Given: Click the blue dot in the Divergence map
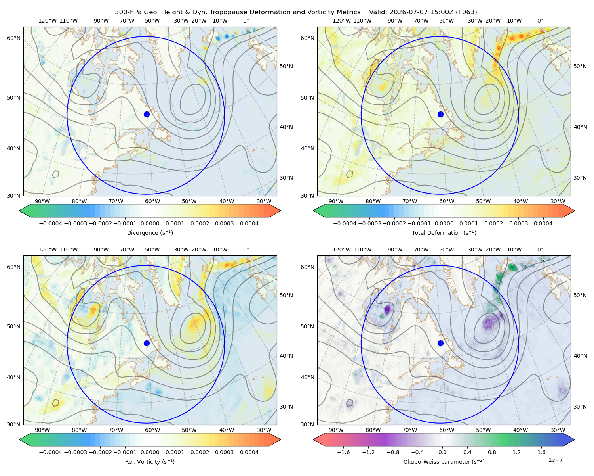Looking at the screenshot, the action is [147, 114].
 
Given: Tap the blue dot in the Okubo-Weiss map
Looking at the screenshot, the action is [440, 343].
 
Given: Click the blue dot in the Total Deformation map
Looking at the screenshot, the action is [440, 114].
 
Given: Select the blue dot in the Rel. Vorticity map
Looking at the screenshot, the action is [147, 343].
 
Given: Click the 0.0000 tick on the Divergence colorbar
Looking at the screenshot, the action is [150, 223].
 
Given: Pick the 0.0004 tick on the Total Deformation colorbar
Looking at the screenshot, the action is [543, 223].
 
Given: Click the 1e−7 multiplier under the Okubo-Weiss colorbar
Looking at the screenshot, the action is [555, 460].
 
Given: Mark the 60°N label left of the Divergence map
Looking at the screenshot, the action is [13, 38].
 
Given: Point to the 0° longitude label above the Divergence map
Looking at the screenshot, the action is [246, 21].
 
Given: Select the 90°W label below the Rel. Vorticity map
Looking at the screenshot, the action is [42, 430].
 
